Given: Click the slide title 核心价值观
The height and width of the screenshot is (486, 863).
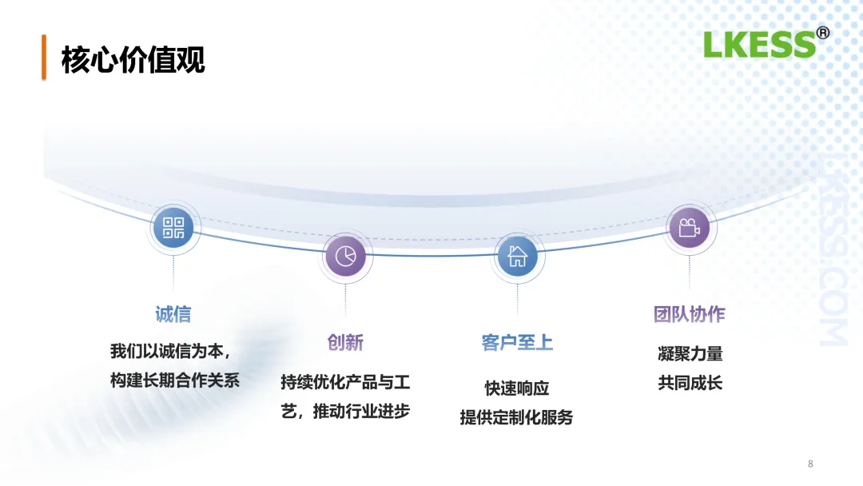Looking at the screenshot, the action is (133, 60).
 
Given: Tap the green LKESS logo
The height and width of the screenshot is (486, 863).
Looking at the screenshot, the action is (759, 45).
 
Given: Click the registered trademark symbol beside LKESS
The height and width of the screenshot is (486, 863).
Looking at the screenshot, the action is (822, 33).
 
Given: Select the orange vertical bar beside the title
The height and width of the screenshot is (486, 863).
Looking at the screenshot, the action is (44, 57).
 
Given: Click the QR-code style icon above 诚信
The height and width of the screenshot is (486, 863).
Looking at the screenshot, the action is (173, 228).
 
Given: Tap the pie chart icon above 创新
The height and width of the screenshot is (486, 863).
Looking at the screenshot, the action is (345, 257).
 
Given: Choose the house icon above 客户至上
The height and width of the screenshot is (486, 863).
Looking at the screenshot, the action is (517, 257).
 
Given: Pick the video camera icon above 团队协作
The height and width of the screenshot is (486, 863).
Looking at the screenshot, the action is (689, 228).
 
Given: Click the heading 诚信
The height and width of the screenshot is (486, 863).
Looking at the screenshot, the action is (173, 314).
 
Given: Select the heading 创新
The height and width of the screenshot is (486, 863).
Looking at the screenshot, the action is (345, 342).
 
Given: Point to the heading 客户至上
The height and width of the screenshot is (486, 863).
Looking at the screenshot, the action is (517, 343).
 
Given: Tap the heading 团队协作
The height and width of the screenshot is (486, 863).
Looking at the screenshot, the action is (689, 314).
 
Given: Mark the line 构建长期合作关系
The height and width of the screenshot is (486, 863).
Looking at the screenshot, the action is (175, 380).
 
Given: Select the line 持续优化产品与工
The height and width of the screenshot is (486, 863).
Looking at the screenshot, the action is (345, 382).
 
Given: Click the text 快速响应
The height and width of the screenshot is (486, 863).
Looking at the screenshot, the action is (517, 388).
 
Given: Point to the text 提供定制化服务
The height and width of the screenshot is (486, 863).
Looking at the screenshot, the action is (517, 417).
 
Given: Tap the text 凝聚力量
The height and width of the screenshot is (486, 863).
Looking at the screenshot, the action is (690, 353).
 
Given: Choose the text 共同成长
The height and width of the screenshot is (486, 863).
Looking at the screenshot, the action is (690, 383).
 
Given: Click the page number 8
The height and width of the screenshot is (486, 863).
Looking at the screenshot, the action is (810, 464).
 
